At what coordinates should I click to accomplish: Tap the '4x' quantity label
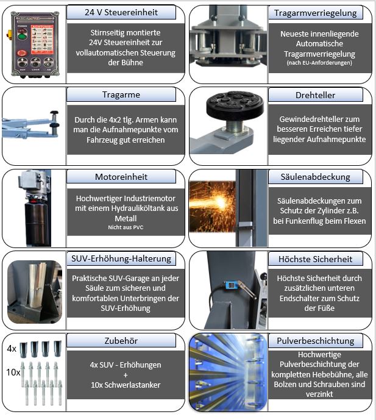(x=12, y=349)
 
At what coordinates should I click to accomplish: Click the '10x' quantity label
(x=12, y=371)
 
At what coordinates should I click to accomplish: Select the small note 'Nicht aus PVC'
(x=126, y=227)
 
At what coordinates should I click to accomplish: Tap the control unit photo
(x=34, y=43)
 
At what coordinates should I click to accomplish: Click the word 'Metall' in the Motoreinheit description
(x=126, y=218)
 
